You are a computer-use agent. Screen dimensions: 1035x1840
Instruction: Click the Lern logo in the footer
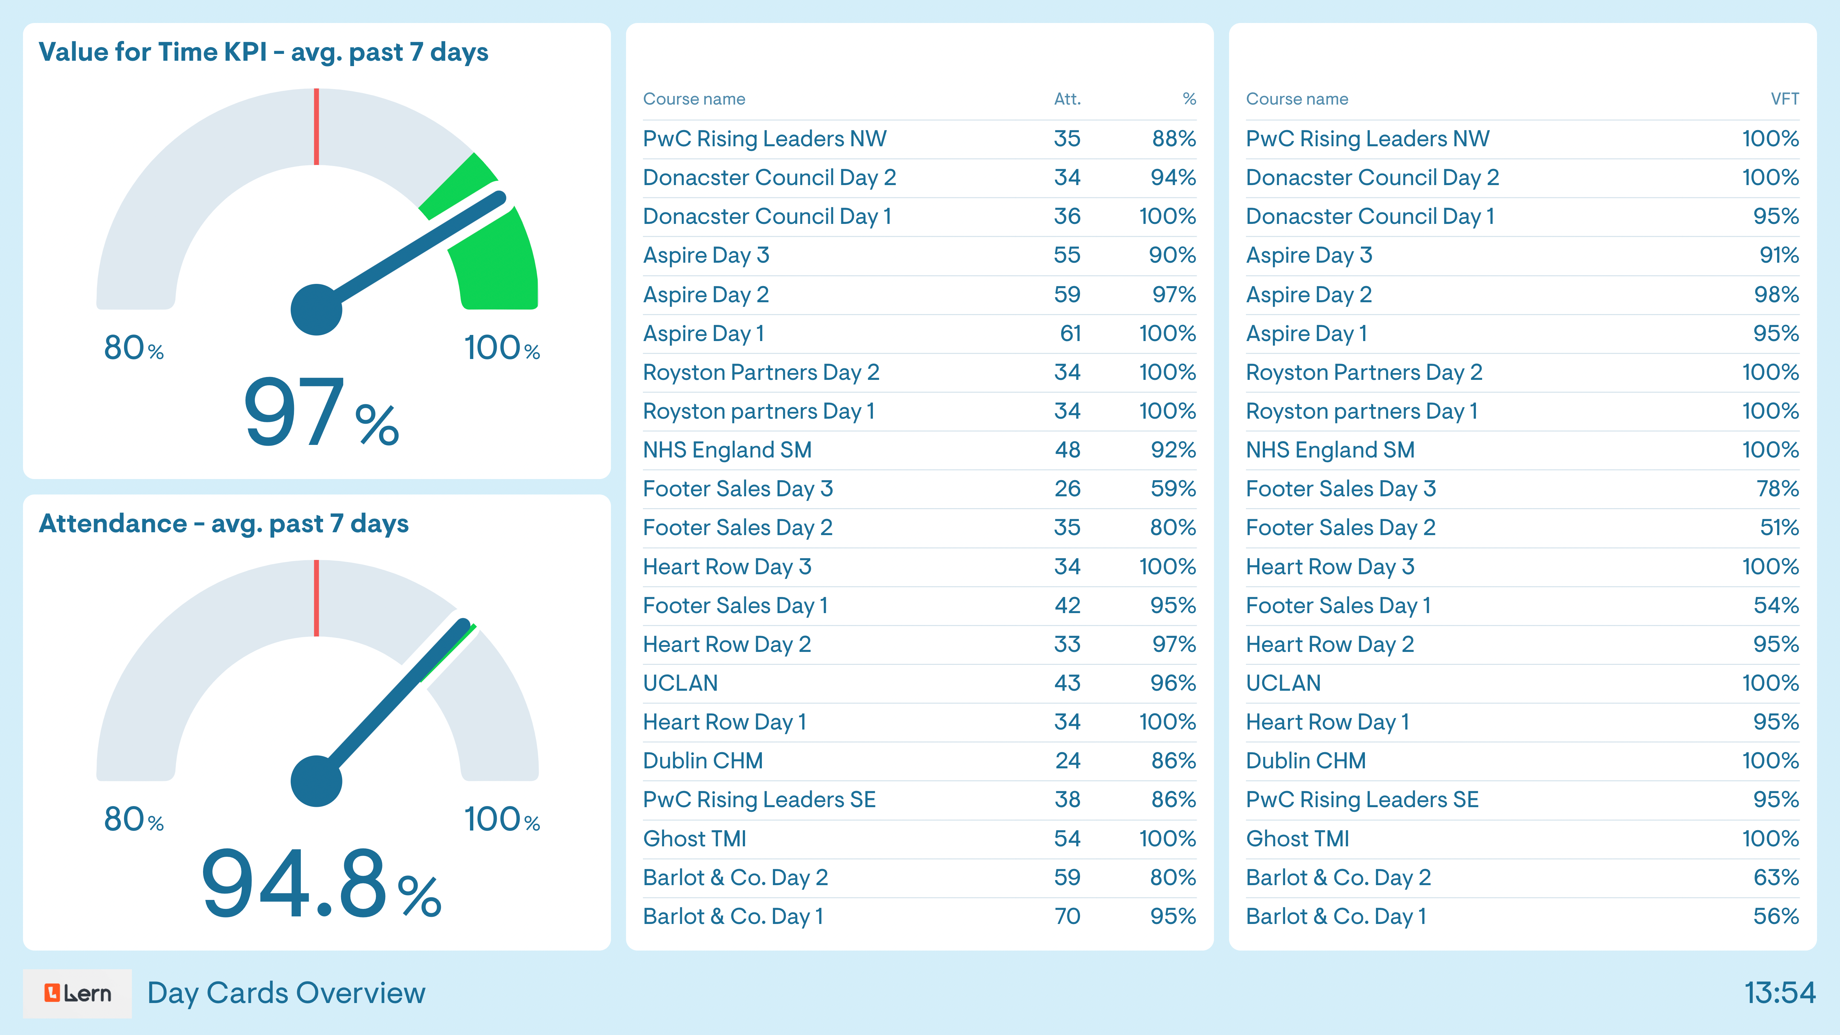point(77,993)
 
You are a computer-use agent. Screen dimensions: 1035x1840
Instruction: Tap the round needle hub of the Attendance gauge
point(316,781)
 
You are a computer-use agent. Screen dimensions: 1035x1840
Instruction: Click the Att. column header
point(1067,99)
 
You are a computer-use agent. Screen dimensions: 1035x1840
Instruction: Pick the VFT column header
point(1784,99)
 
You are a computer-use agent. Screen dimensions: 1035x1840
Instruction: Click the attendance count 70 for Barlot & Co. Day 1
point(1067,916)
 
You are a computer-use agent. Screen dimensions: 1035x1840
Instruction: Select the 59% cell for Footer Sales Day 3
point(1173,489)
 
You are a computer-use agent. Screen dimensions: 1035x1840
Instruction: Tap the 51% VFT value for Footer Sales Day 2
point(1779,528)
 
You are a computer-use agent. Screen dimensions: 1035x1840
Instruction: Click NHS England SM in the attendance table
point(727,450)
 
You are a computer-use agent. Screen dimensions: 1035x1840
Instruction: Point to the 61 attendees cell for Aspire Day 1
point(1070,333)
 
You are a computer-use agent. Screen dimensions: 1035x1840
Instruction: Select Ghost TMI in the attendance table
point(694,838)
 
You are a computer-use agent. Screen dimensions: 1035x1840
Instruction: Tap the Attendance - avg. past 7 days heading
point(224,524)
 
